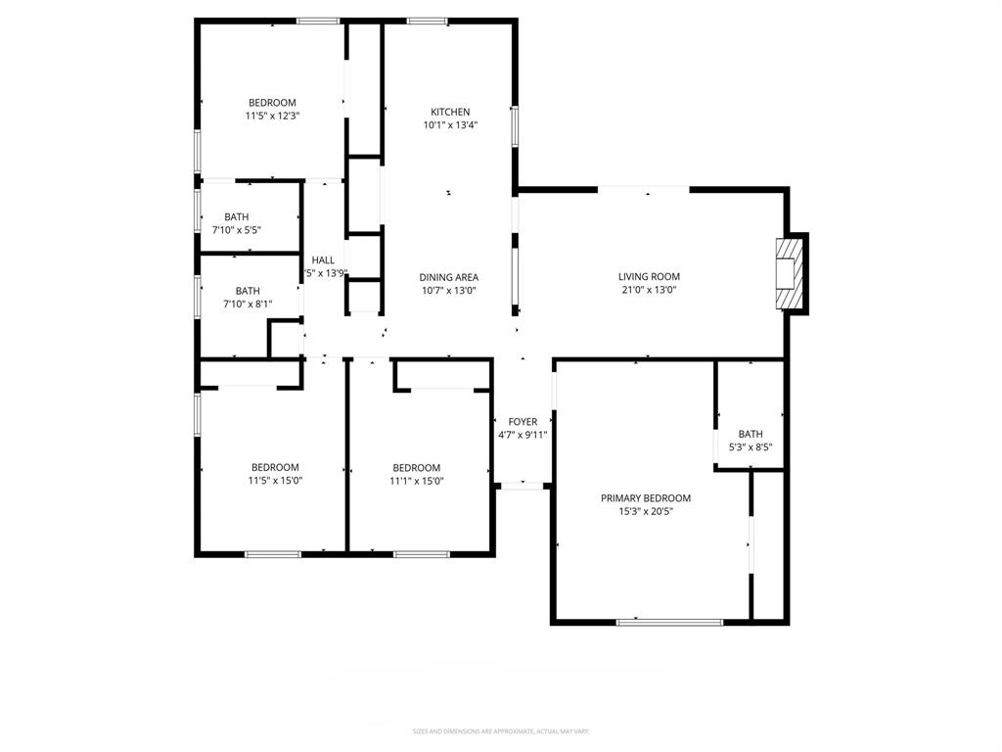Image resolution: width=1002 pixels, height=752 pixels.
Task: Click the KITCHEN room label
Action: click(x=450, y=112)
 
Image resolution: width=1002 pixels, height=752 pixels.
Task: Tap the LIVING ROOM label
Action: click(x=649, y=276)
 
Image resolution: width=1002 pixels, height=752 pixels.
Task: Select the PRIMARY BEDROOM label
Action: click(x=646, y=498)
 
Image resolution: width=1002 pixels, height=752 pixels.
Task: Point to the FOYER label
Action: click(x=523, y=422)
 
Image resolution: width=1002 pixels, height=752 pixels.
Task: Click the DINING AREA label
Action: click(x=449, y=277)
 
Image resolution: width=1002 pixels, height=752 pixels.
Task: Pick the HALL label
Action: click(x=323, y=260)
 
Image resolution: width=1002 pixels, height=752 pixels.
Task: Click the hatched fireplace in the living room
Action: click(x=789, y=273)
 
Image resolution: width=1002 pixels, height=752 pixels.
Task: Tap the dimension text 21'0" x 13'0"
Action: click(x=648, y=290)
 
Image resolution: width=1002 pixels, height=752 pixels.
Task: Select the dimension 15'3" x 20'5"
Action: click(x=646, y=511)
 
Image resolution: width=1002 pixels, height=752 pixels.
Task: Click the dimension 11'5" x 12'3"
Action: click(x=272, y=116)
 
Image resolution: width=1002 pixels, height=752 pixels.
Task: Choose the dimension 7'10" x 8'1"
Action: click(x=248, y=304)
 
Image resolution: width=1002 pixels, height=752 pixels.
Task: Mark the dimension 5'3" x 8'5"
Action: click(x=751, y=447)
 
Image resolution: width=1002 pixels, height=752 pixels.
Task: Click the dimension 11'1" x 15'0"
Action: click(x=417, y=481)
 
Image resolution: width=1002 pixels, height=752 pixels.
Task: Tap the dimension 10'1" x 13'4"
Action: click(x=450, y=124)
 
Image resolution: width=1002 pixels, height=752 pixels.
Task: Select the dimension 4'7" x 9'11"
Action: click(x=523, y=435)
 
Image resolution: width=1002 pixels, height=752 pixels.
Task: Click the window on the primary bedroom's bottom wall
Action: click(x=669, y=621)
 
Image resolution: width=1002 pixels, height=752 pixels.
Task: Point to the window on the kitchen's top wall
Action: click(x=428, y=21)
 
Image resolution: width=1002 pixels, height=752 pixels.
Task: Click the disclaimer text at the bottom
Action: click(x=501, y=731)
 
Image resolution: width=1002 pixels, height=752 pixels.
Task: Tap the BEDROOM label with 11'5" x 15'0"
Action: click(x=275, y=467)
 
